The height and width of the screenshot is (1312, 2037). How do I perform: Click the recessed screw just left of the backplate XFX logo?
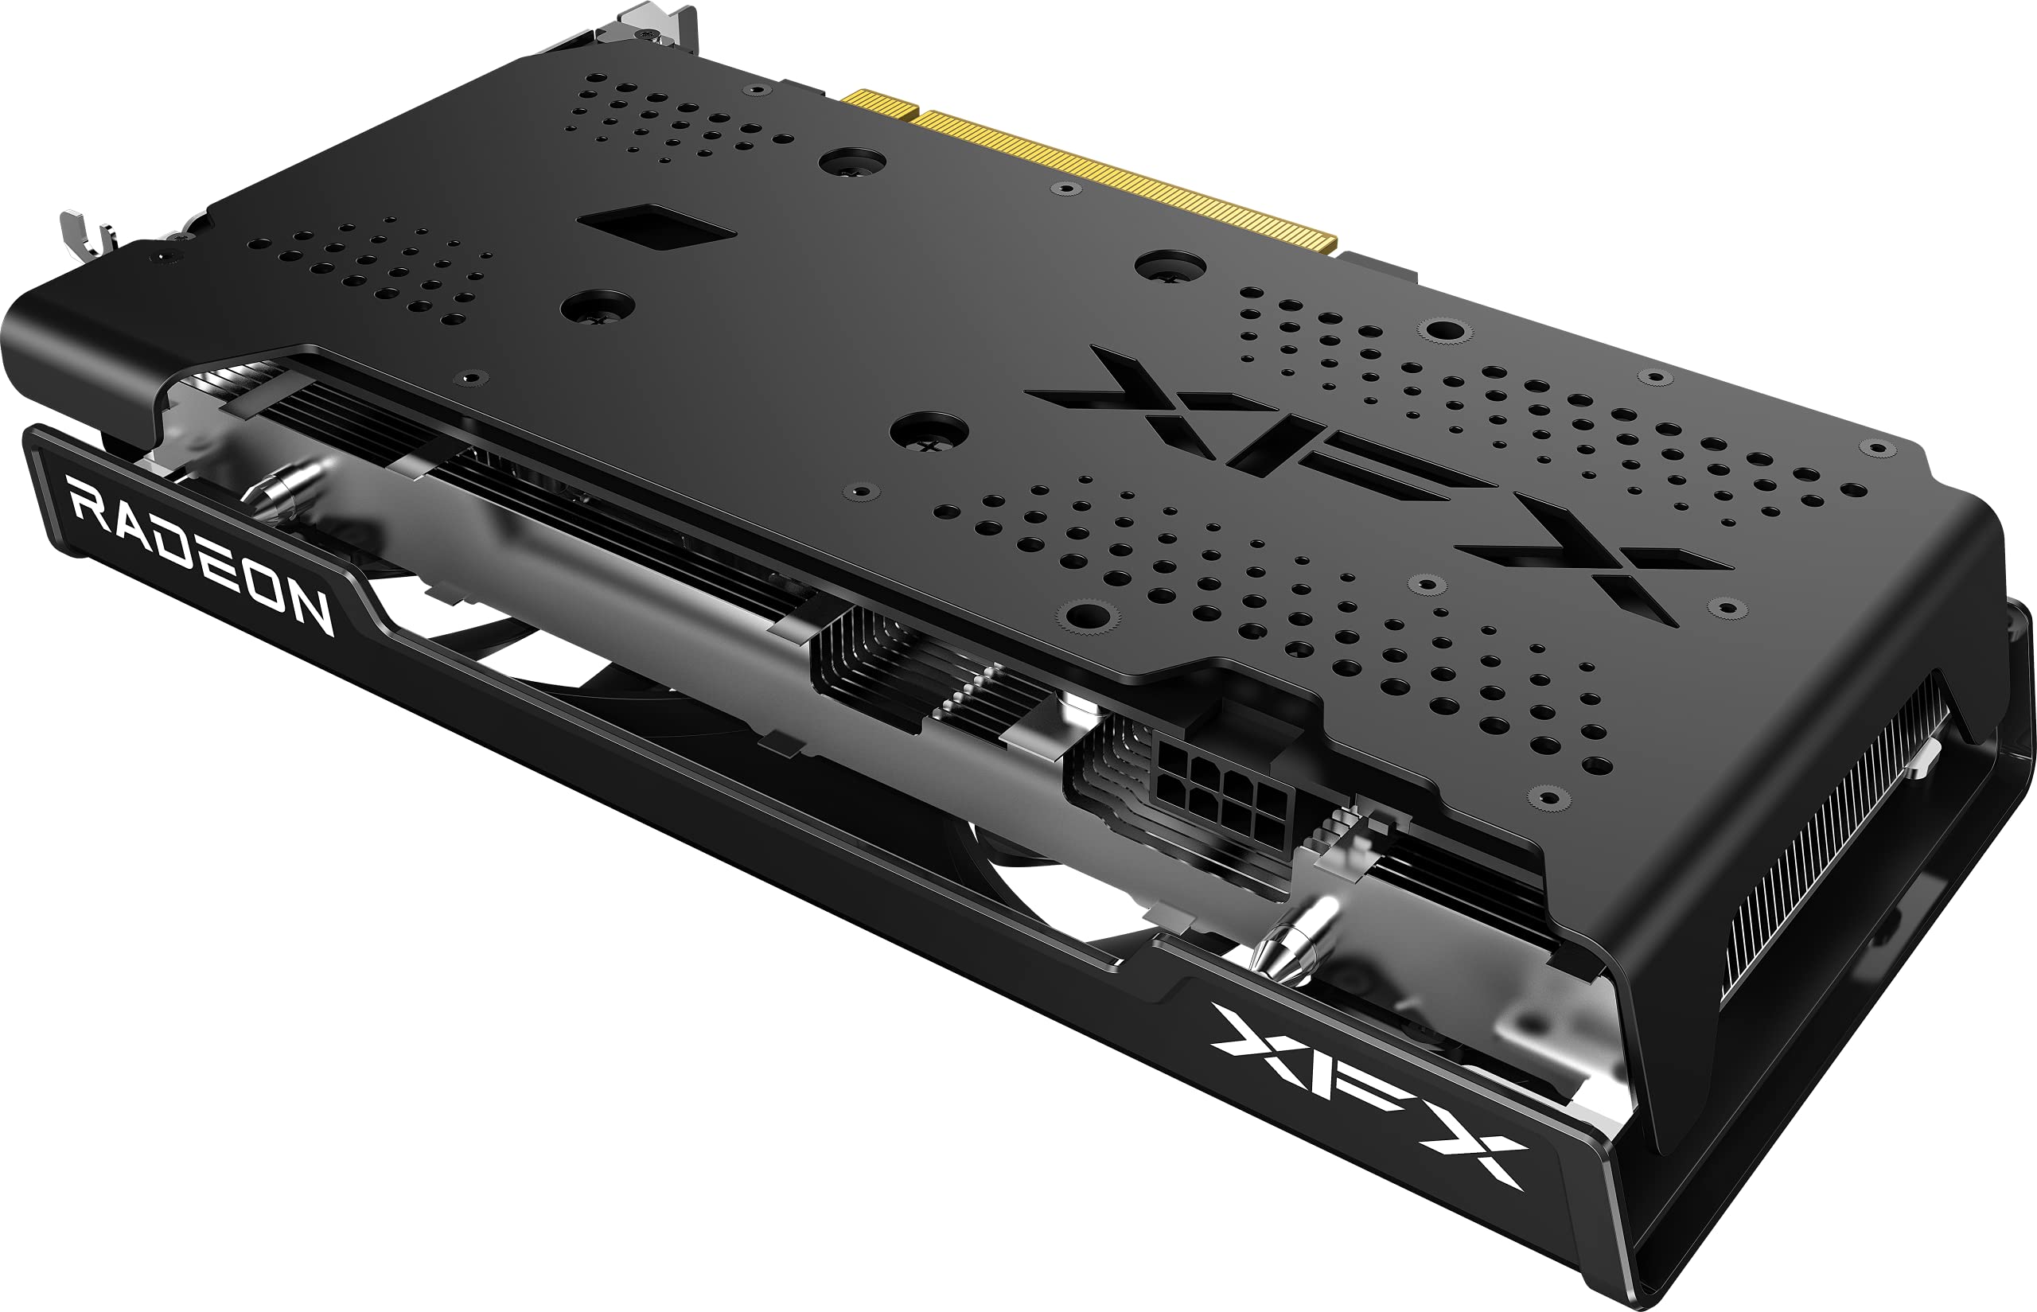coord(929,431)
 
